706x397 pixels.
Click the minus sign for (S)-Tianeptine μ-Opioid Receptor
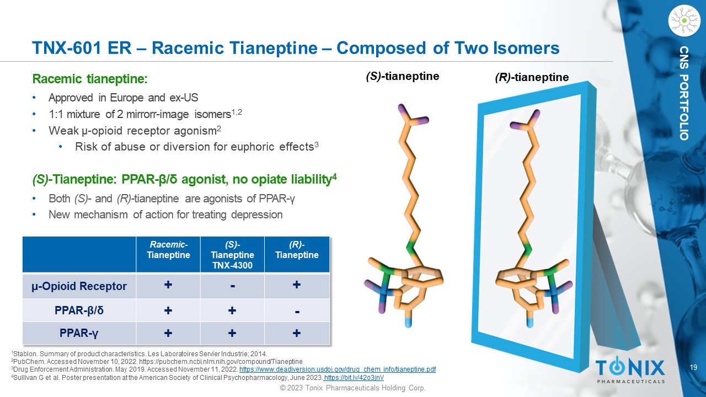pyautogui.click(x=233, y=286)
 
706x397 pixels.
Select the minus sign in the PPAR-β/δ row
pyautogui.click(x=297, y=312)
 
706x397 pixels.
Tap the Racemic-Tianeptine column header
pyautogui.click(x=168, y=250)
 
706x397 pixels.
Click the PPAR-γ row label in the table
pyautogui.click(x=79, y=333)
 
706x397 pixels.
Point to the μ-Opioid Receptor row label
pyautogui.click(x=79, y=286)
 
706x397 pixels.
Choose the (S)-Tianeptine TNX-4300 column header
pyautogui.click(x=232, y=255)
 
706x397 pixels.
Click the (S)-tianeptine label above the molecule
pyautogui.click(x=403, y=76)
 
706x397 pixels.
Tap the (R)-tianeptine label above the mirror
pyautogui.click(x=532, y=77)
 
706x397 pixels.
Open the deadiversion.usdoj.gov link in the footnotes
pyautogui.click(x=338, y=369)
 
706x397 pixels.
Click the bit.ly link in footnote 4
pyautogui.click(x=354, y=378)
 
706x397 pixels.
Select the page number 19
pyautogui.click(x=693, y=367)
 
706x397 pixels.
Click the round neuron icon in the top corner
pyautogui.click(x=684, y=20)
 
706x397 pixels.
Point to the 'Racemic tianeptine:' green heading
pyautogui.click(x=90, y=79)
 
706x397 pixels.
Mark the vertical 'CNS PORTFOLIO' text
pyautogui.click(x=684, y=93)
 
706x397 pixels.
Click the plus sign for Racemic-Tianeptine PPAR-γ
pyautogui.click(x=168, y=333)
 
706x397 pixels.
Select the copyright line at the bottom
pyautogui.click(x=353, y=388)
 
